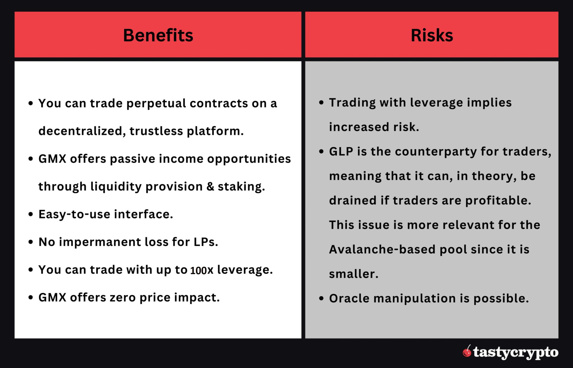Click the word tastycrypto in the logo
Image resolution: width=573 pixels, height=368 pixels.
[516, 352]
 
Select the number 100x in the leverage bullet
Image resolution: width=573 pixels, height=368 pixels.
[202, 270]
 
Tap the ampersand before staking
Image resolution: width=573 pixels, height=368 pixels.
[210, 187]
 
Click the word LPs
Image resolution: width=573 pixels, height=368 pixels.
[206, 242]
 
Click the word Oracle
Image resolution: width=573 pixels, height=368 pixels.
[349, 299]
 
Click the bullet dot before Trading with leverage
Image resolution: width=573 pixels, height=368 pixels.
[321, 103]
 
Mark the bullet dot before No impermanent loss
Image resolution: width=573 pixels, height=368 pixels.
[31, 242]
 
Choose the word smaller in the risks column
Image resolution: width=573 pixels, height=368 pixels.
[353, 274]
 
